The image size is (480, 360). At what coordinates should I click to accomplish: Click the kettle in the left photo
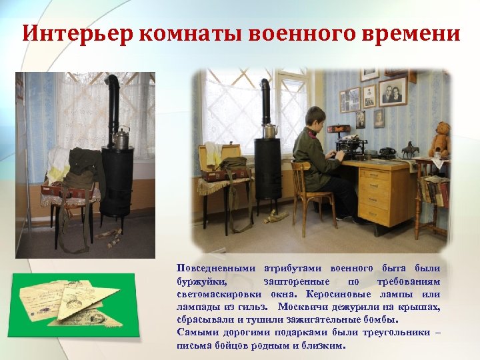pyautogui.click(x=121, y=138)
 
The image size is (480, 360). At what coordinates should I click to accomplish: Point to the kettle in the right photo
pyautogui.click(x=271, y=129)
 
